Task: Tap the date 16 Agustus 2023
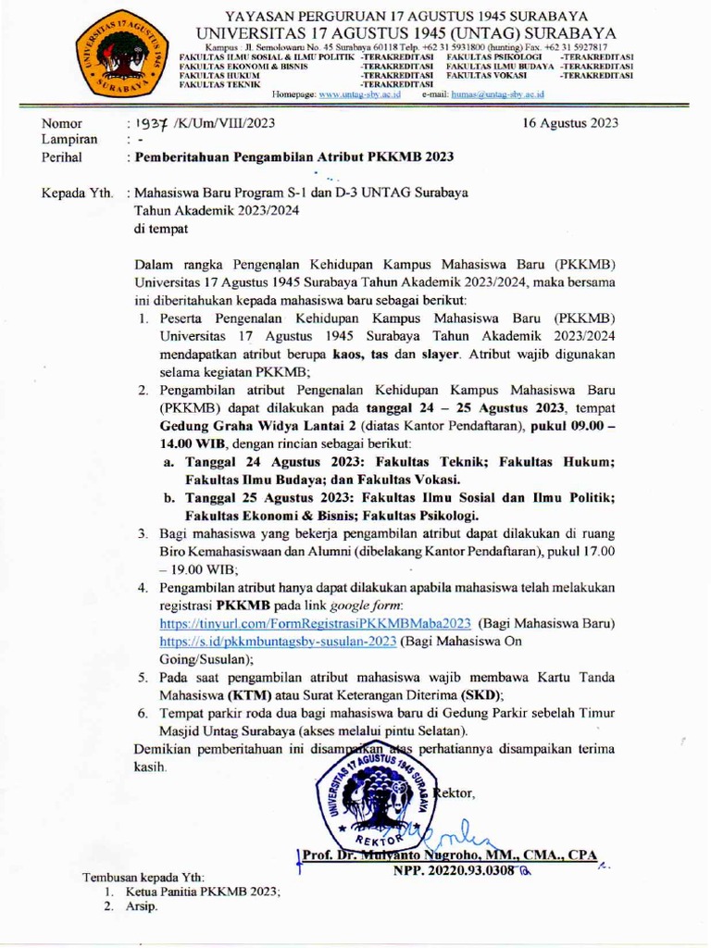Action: (570, 122)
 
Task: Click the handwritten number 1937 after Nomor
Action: (149, 122)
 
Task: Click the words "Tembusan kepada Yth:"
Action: (143, 877)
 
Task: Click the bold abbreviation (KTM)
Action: (243, 694)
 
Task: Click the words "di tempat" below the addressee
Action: (160, 229)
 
